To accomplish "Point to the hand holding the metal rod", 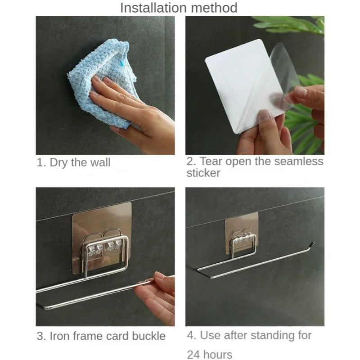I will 155,297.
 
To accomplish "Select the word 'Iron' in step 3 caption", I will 59,336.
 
